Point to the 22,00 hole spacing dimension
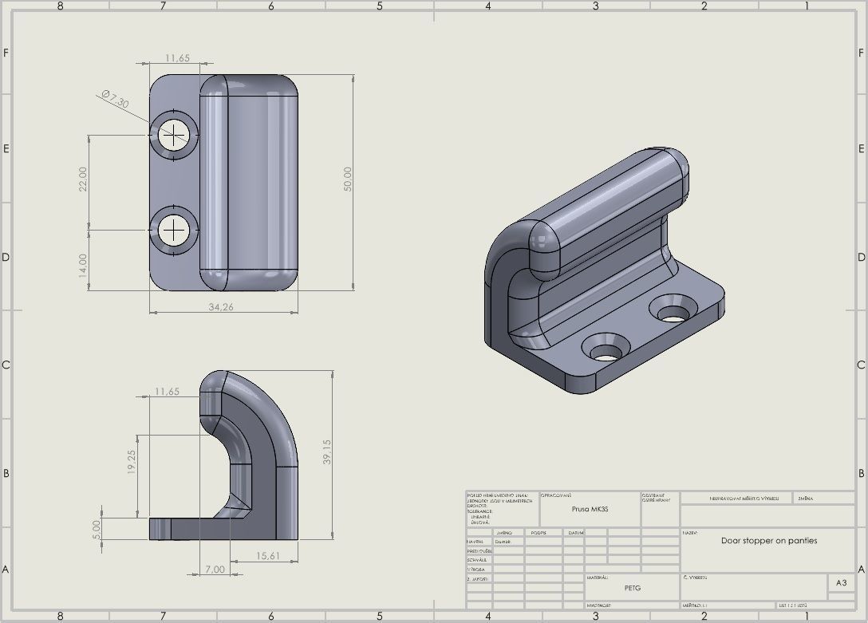[83, 179]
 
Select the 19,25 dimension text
[132, 462]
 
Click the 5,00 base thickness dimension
[97, 528]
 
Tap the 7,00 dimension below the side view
[215, 569]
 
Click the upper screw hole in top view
[173, 135]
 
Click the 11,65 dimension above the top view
[177, 58]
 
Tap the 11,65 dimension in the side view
[168, 392]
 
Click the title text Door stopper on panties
[768, 540]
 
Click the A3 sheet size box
[840, 583]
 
